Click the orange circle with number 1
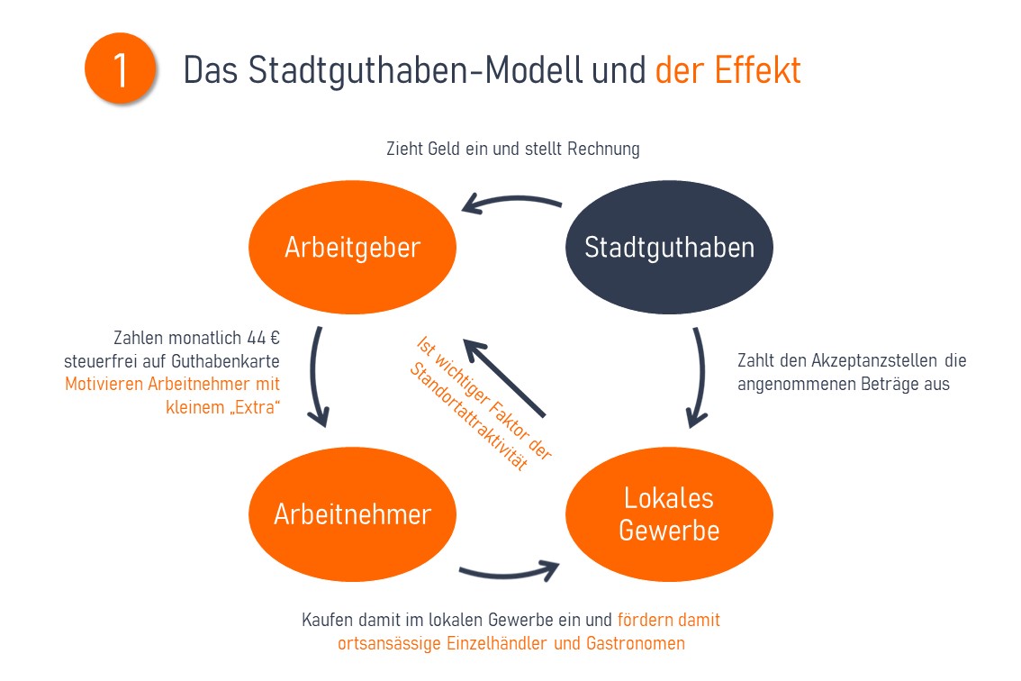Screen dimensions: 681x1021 (x=121, y=71)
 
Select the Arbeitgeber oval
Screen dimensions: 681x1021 (x=352, y=247)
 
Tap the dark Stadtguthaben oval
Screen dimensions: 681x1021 (x=669, y=247)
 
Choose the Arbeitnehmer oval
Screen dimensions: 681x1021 (x=352, y=514)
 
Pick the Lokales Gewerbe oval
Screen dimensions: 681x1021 (x=669, y=514)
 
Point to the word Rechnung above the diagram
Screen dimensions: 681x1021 (x=603, y=149)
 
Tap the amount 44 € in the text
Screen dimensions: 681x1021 (x=263, y=339)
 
